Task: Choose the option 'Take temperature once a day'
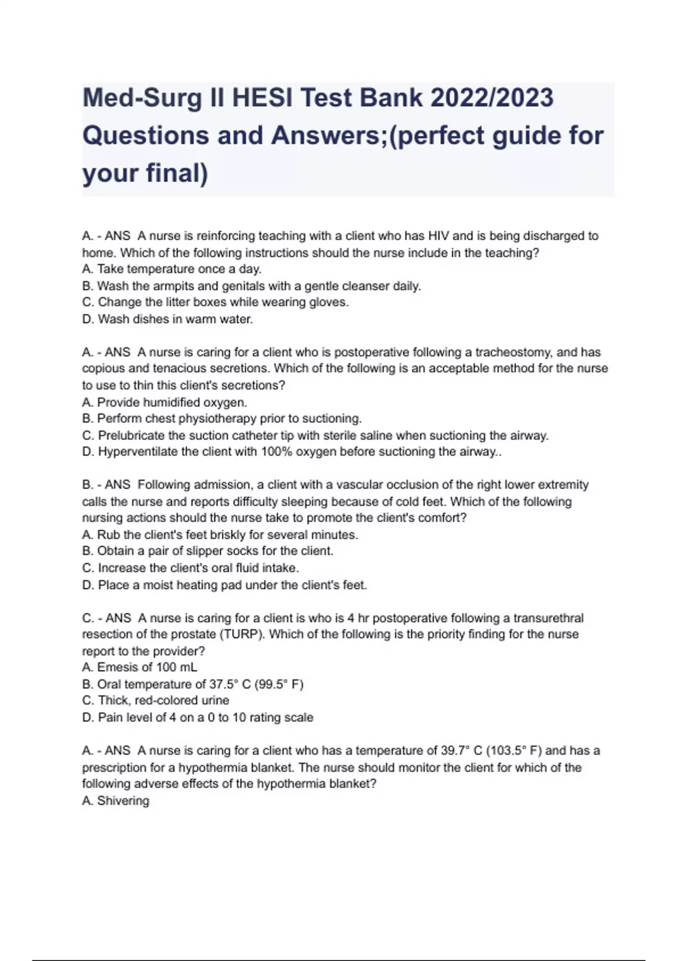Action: coord(172,269)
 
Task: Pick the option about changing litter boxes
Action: coord(215,302)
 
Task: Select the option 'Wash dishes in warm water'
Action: coord(167,319)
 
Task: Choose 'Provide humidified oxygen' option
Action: coord(164,402)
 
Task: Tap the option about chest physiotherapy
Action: coord(221,419)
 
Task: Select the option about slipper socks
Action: coord(207,551)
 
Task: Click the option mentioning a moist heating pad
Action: coord(224,585)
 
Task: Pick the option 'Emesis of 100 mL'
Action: coord(140,668)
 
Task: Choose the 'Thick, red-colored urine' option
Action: coord(155,701)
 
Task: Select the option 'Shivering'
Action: coord(116,801)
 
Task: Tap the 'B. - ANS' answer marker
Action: coord(106,485)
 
